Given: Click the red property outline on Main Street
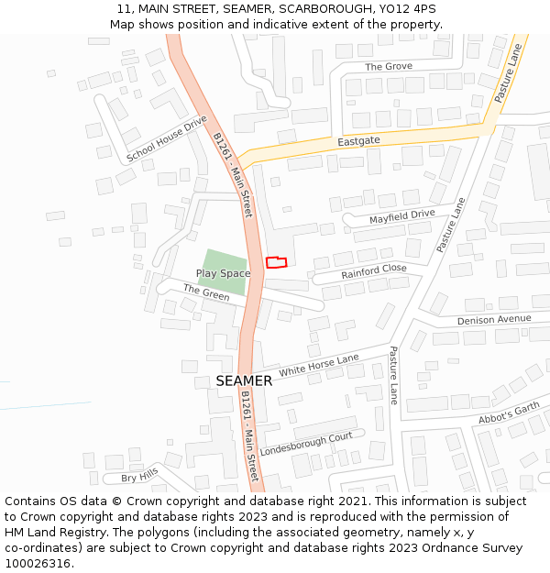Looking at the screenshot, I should (x=276, y=262).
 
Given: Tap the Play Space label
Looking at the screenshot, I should (x=223, y=273).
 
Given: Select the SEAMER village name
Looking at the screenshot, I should (x=244, y=380).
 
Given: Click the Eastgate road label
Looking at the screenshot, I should (x=358, y=141).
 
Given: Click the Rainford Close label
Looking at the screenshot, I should (x=374, y=272).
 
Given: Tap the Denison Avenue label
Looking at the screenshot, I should (x=494, y=319).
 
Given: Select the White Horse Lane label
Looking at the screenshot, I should (x=319, y=366).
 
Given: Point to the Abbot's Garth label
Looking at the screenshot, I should (x=510, y=413).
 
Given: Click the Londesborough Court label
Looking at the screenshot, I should (x=306, y=444).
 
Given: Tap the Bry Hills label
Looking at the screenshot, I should (x=139, y=475).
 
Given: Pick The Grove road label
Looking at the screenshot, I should (x=389, y=66).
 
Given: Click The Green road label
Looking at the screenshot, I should (x=206, y=292).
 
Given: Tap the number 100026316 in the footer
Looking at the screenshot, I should (x=37, y=564).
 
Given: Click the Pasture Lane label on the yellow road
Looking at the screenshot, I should (x=507, y=73).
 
